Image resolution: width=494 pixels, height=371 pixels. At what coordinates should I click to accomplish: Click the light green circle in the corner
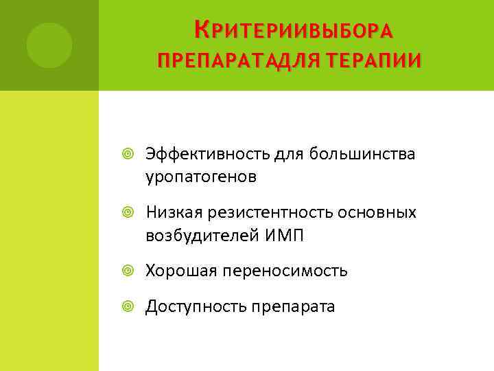click(x=49, y=45)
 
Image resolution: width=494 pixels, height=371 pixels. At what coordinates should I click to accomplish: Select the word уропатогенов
click(x=201, y=177)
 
